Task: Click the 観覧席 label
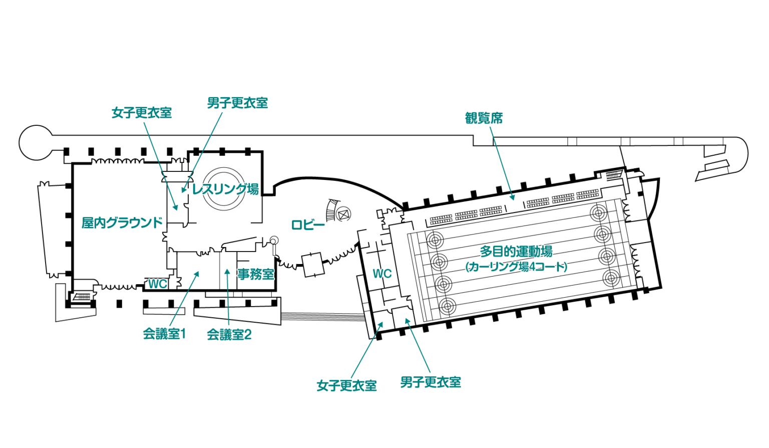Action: (x=484, y=118)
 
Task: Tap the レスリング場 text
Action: (x=226, y=189)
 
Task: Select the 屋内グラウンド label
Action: (x=122, y=222)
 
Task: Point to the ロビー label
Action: (x=308, y=225)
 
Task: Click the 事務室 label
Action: (x=256, y=274)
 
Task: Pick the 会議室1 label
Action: (x=164, y=334)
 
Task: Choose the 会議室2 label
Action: (x=229, y=335)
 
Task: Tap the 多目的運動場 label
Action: (x=516, y=251)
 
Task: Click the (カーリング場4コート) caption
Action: (x=516, y=267)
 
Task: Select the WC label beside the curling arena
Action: (x=382, y=274)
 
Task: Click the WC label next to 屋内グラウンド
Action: (x=157, y=284)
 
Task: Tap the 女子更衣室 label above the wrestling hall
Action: (x=142, y=113)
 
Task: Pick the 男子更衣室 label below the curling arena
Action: (x=431, y=382)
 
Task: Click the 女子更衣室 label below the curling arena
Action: (x=346, y=385)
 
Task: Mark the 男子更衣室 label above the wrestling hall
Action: (x=237, y=103)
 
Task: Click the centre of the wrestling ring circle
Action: (x=224, y=188)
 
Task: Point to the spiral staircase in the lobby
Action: (x=331, y=210)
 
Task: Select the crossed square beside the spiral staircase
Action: (x=343, y=214)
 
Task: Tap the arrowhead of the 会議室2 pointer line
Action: (x=227, y=272)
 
